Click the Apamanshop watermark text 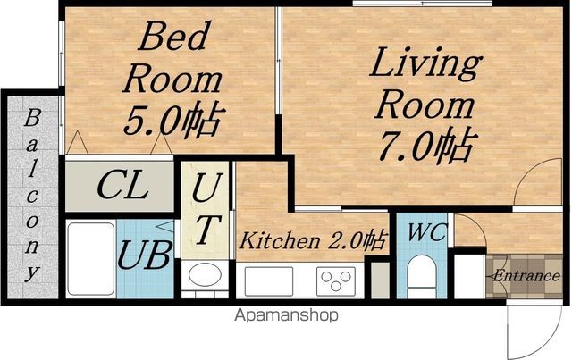coord(286,315)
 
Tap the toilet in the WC coord(422,276)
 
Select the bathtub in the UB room coord(91,258)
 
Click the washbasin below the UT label coord(205,275)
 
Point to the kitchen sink coord(269,281)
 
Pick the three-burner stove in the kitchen coord(336,281)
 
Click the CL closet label coord(122,186)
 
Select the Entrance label coord(526,275)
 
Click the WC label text coord(427,232)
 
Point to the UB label coord(144,255)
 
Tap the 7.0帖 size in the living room coord(428,146)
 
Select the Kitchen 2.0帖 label coord(312,240)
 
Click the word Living coord(425,63)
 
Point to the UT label coord(206,209)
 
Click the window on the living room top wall coord(423,4)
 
